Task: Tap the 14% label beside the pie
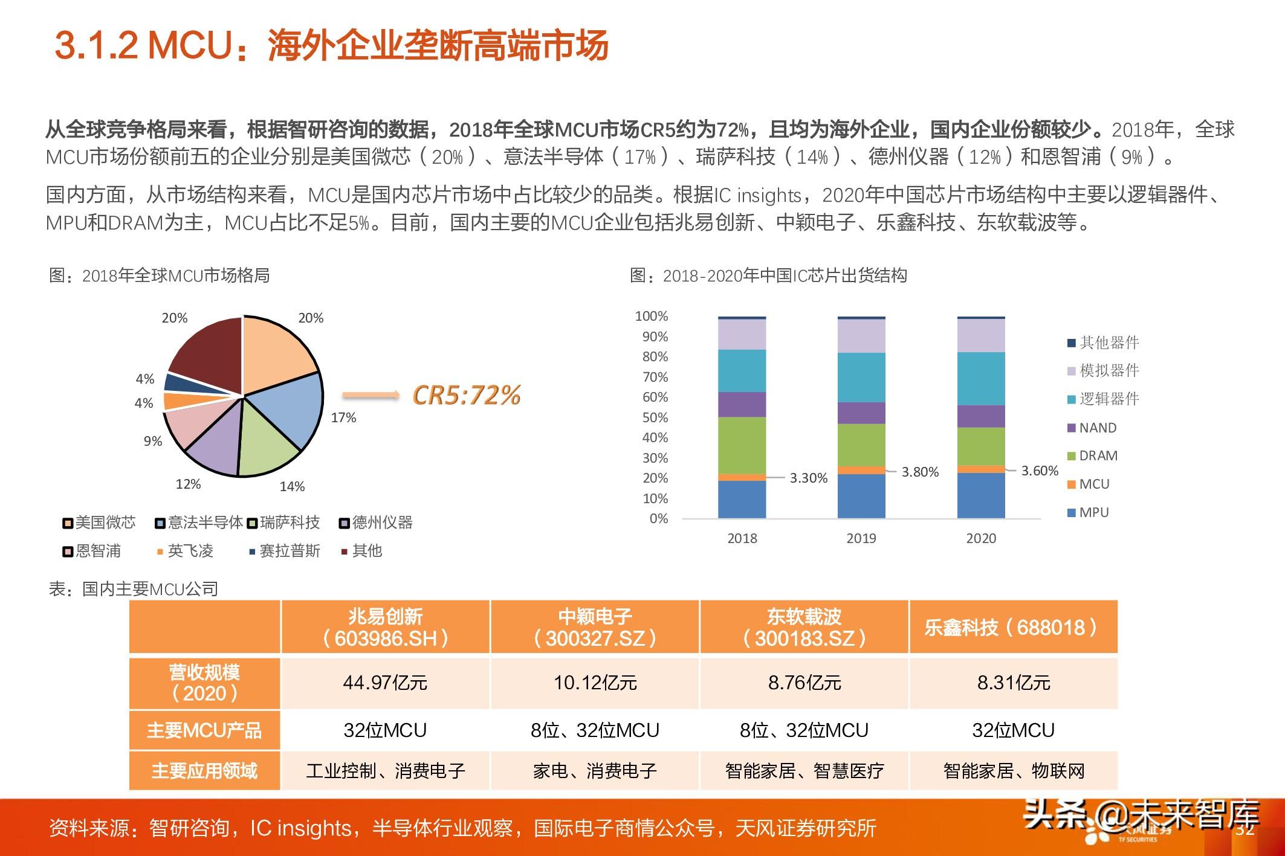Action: tap(292, 486)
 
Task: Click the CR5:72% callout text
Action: tap(466, 395)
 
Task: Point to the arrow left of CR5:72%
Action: tap(371, 396)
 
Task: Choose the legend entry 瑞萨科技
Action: tap(283, 523)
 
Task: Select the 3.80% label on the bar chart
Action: tap(920, 472)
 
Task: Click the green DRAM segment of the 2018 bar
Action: tap(742, 445)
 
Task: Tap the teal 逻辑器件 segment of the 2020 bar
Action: tap(981, 378)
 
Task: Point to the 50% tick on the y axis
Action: tap(655, 417)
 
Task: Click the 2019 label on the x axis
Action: tap(861, 538)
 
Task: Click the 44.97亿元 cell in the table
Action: tap(385, 683)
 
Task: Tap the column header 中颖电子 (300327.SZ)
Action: tap(595, 627)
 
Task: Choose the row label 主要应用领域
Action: tap(204, 770)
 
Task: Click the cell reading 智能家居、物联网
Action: tap(1014, 770)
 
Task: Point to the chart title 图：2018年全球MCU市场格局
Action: tap(160, 275)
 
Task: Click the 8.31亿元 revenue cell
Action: tap(1014, 683)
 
